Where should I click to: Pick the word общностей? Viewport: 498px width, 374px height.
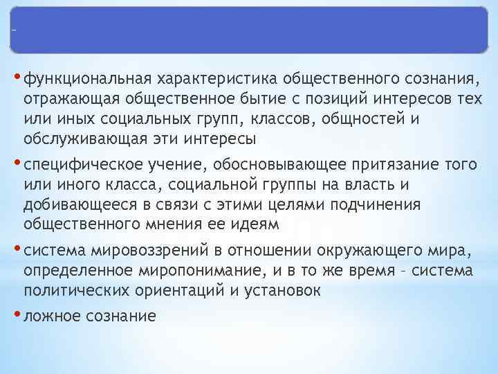pyautogui.click(x=365, y=118)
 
